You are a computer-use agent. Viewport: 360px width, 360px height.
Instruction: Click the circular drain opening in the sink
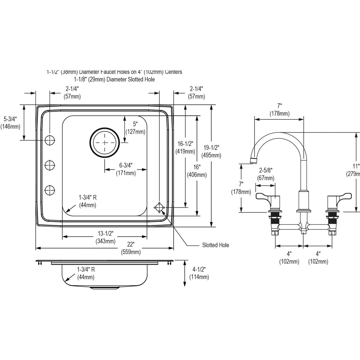point(104,142)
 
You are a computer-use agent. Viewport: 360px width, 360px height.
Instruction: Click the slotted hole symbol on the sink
point(159,208)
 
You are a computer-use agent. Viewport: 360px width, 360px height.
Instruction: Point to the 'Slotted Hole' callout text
point(215,245)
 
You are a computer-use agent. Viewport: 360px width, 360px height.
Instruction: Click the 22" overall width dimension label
point(131,248)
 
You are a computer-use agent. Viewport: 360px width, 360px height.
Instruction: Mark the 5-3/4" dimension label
point(10,123)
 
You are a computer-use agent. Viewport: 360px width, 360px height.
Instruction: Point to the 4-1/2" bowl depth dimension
point(199,273)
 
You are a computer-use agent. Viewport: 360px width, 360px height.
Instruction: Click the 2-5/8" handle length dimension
point(265,174)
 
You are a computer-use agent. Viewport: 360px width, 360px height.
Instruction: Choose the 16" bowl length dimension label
point(197,171)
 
